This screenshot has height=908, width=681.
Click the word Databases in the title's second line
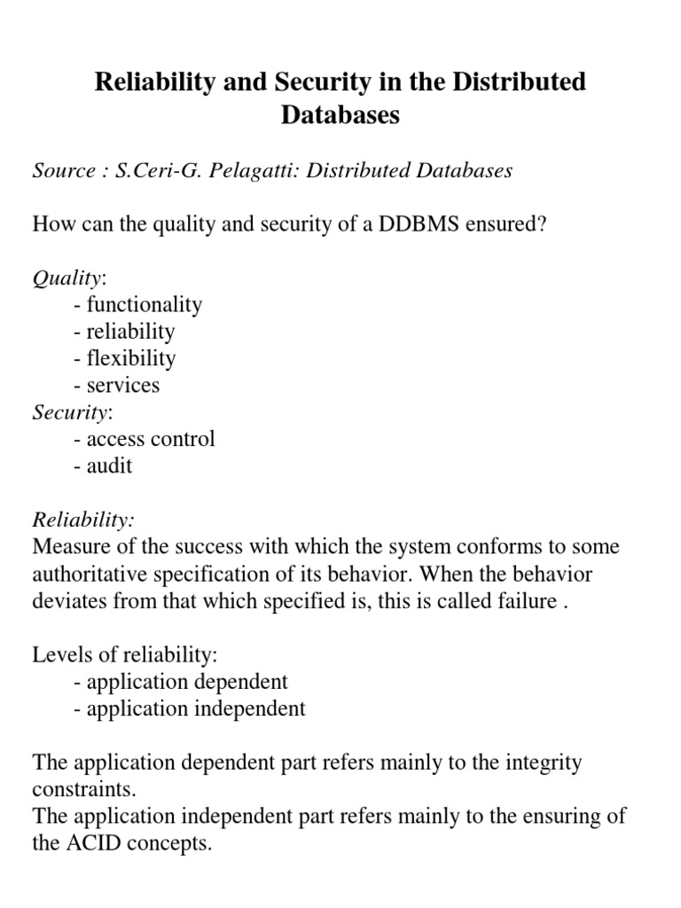[x=340, y=116]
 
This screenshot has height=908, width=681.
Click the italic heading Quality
[x=67, y=278]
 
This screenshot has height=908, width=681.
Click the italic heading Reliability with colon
[x=83, y=520]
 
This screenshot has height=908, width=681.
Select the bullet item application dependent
[x=181, y=681]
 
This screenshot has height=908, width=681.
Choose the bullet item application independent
[x=190, y=708]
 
